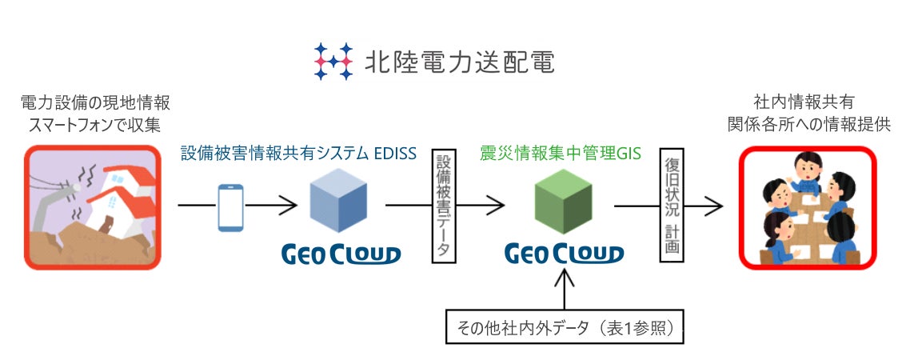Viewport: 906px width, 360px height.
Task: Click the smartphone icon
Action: [x=230, y=206]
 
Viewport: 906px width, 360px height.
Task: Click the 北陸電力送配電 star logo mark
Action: [x=333, y=61]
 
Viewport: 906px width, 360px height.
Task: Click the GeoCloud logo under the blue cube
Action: [x=341, y=254]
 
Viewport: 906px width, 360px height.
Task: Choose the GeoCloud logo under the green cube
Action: [x=564, y=254]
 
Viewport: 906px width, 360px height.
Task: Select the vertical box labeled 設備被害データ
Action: [x=443, y=204]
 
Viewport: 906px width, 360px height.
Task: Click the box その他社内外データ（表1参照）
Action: [x=565, y=327]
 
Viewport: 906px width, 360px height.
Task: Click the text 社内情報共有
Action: [x=808, y=103]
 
